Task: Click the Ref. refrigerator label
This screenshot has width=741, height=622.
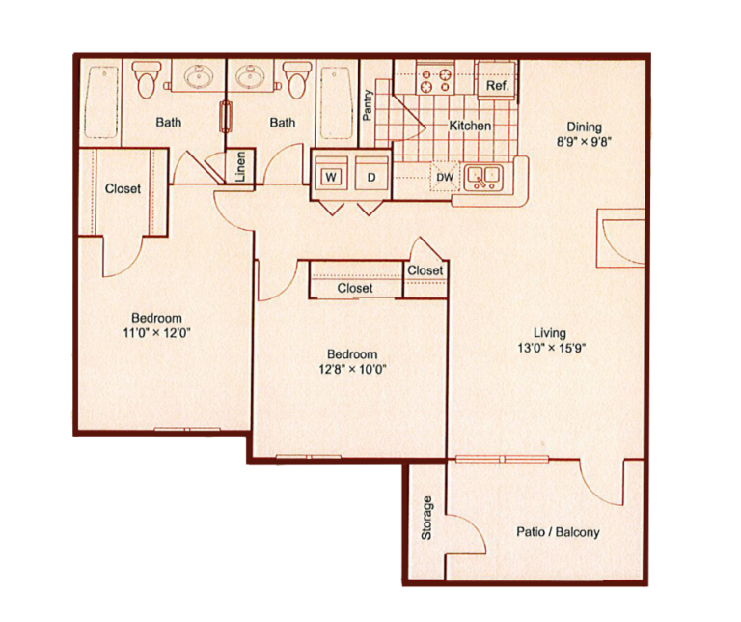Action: tap(497, 86)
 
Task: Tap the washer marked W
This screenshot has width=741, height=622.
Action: tap(331, 177)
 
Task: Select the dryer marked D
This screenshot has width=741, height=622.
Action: tap(370, 177)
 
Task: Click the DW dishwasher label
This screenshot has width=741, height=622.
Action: tap(445, 177)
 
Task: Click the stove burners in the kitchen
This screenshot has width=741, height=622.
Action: tap(435, 74)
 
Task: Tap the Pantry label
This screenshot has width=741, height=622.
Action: tap(368, 104)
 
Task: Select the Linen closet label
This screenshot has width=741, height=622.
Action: tap(240, 165)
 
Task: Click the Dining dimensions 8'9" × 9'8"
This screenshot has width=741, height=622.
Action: tap(584, 141)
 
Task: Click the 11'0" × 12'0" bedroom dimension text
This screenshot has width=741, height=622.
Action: tap(156, 333)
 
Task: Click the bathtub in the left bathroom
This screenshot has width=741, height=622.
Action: tap(100, 101)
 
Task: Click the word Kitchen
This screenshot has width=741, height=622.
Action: tap(470, 126)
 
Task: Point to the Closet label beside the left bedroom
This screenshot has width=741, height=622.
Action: tap(123, 189)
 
